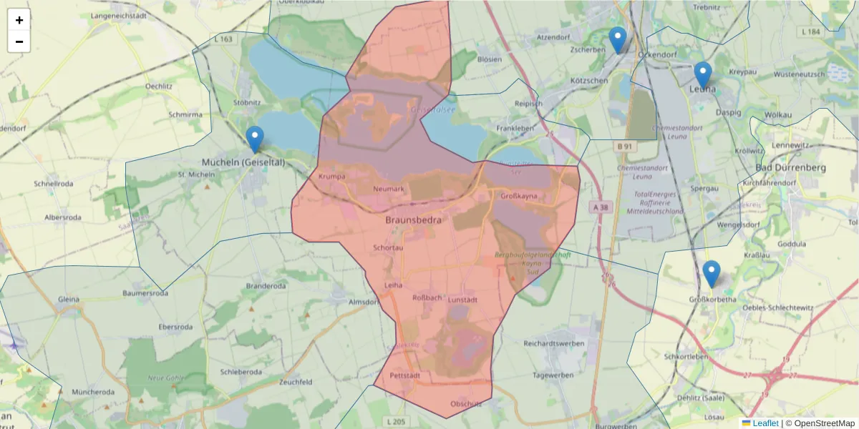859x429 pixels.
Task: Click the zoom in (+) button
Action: pos(19,20)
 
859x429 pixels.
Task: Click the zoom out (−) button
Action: pos(19,41)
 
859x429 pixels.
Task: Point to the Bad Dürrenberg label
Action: pos(791,168)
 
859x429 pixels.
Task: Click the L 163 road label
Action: pos(223,39)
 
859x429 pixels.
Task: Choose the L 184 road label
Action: pos(811,32)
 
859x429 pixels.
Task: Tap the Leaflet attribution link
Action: pos(765,423)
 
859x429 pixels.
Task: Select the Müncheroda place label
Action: pos(93,393)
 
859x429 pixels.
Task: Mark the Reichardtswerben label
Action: pos(554,344)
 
